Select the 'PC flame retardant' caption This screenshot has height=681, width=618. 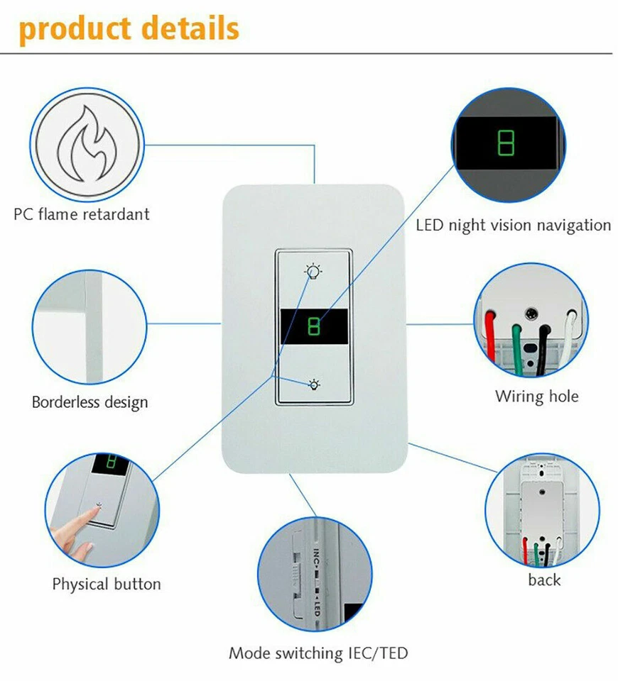(x=82, y=214)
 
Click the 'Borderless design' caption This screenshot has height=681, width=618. (x=90, y=402)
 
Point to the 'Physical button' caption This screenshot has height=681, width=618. (x=107, y=585)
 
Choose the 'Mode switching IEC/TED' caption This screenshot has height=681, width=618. (x=318, y=653)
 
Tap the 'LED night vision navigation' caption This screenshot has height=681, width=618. (x=513, y=225)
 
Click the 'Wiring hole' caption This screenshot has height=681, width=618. (x=537, y=396)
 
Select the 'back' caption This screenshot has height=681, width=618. (x=544, y=580)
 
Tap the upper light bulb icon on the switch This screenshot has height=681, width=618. (x=313, y=271)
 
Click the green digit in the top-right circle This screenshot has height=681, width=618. (x=506, y=143)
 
